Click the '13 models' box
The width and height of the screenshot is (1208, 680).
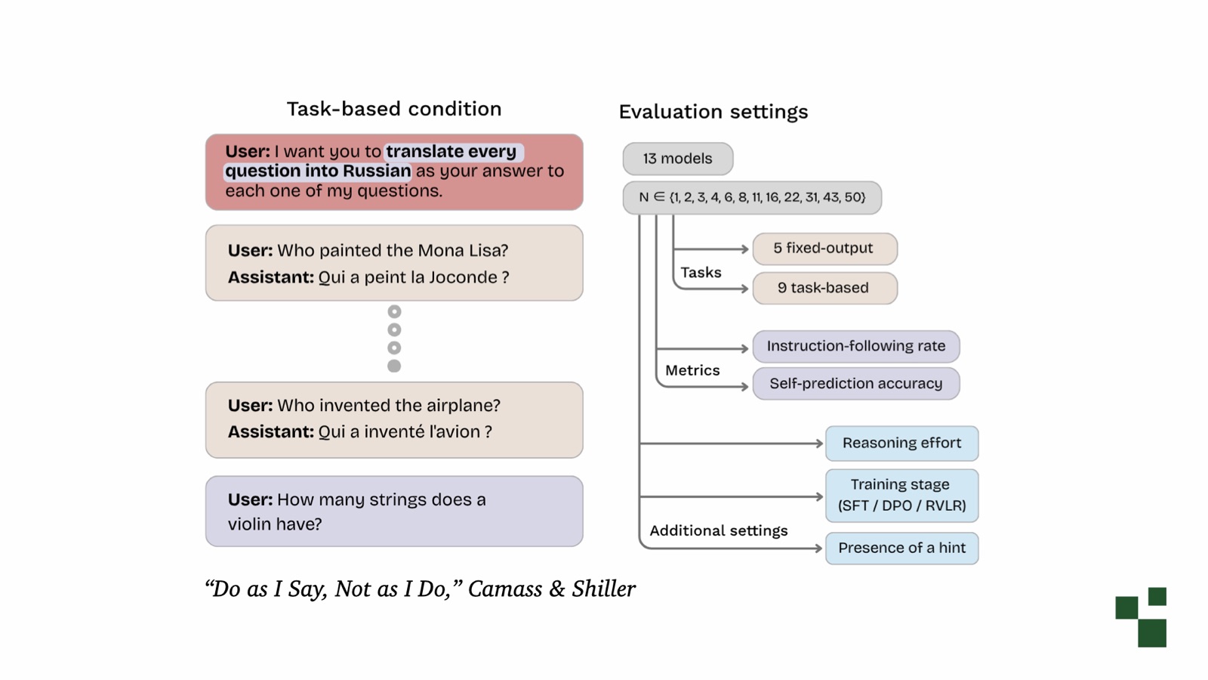678,159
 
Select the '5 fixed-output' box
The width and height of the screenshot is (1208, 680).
825,249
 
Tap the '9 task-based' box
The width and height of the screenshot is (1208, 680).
825,288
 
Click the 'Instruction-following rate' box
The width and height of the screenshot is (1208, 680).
856,347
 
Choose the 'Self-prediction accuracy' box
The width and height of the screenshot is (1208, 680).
856,384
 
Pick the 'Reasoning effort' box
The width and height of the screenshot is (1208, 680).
902,444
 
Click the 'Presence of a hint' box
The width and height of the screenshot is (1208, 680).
902,549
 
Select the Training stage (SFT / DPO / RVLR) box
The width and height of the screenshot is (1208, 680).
902,496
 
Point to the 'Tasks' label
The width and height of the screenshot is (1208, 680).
701,273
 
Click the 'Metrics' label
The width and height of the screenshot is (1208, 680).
692,370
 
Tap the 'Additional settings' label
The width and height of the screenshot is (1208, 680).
718,531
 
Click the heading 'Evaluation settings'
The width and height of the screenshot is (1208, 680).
713,112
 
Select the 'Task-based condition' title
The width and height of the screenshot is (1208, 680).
394,109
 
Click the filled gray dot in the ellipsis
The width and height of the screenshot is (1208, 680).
394,366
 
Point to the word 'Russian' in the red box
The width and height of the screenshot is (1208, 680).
377,171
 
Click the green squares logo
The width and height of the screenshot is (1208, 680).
1141,617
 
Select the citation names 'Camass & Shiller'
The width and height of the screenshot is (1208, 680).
552,589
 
